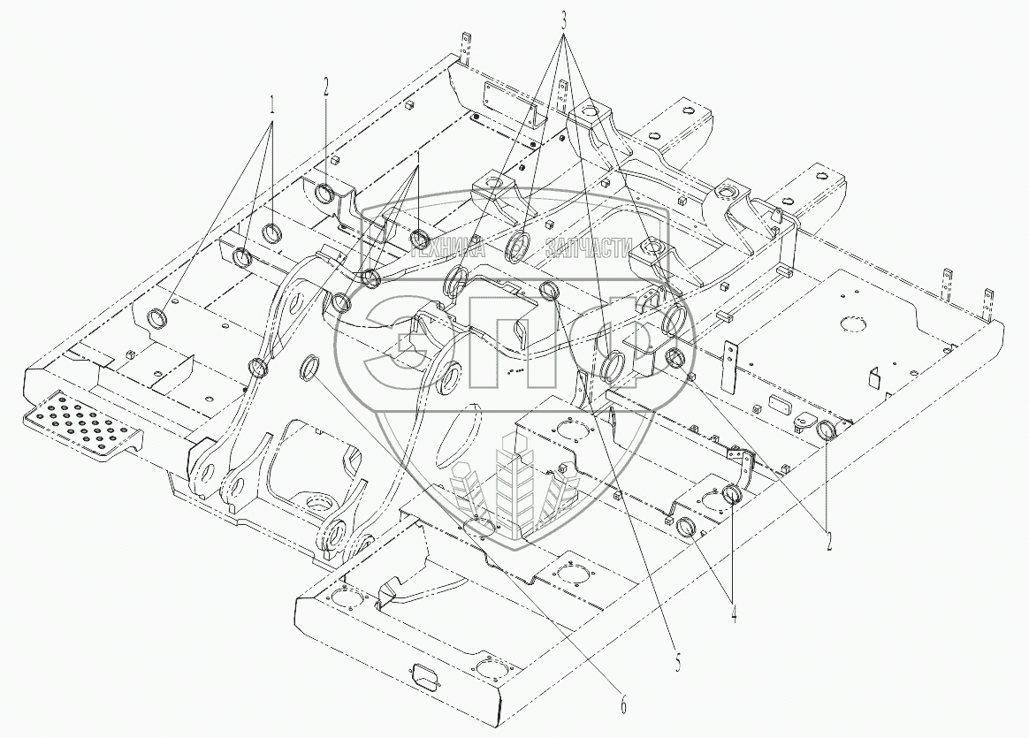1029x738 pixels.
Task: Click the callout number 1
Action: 274,104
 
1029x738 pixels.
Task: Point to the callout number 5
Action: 678,663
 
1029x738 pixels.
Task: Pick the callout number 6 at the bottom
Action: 622,705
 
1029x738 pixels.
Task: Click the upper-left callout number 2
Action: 325,87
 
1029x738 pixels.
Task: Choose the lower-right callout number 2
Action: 829,540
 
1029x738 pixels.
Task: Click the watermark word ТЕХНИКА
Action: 448,249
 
